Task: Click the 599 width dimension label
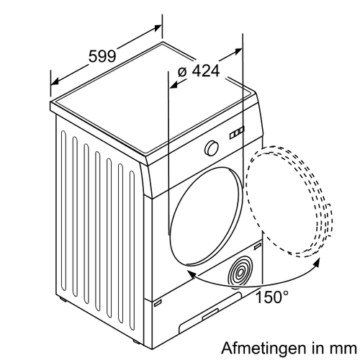point(102,57)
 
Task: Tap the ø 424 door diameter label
point(199,71)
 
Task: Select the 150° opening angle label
point(271,297)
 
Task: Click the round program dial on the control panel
point(212,148)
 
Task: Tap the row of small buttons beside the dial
point(237,132)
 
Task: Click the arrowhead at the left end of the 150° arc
point(192,274)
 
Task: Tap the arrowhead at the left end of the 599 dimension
point(55,82)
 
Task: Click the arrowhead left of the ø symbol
point(174,84)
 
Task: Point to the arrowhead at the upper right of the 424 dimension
point(238,51)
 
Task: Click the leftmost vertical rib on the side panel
point(63,210)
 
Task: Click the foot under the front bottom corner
point(135,341)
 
